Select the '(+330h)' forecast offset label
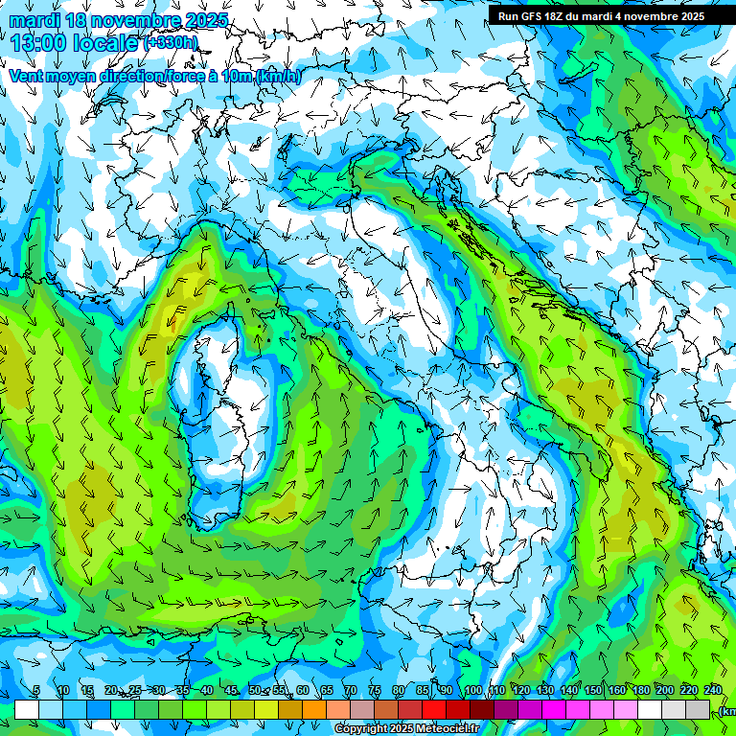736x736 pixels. tap(171, 43)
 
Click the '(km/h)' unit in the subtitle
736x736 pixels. tap(277, 76)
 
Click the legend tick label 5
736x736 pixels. tap(35, 691)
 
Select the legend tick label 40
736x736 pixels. tap(207, 691)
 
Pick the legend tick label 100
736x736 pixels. tap(472, 691)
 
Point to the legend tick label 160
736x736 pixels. tap(616, 691)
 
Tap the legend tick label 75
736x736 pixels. tap(374, 691)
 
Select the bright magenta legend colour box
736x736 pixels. tap(554, 709)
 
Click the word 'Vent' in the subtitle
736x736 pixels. tap(26, 76)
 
